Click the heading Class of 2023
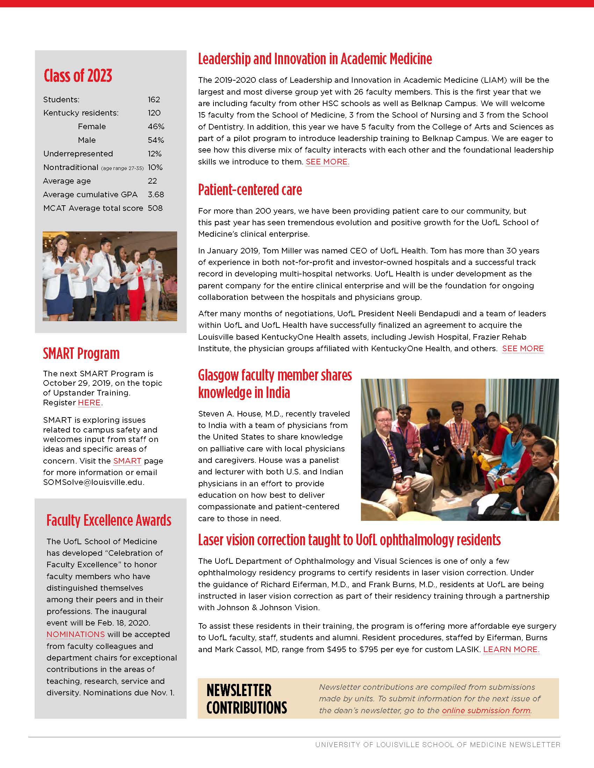click(x=78, y=76)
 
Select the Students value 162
click(x=154, y=99)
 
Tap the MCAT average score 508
click(x=155, y=208)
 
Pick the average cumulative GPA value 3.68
click(x=156, y=194)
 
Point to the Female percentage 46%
click(x=156, y=127)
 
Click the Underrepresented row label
click(x=78, y=154)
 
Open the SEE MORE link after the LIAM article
click(x=327, y=162)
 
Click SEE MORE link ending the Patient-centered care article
click(x=523, y=348)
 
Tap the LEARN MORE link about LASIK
click(x=511, y=650)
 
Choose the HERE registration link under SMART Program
click(x=89, y=403)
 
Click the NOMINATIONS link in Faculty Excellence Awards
click(x=76, y=634)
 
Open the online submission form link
click(x=486, y=710)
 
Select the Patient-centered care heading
click(x=250, y=190)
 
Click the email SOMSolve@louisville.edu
click(x=93, y=482)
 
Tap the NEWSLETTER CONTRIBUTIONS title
click(x=246, y=699)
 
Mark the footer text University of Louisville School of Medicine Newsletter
click(x=437, y=745)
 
